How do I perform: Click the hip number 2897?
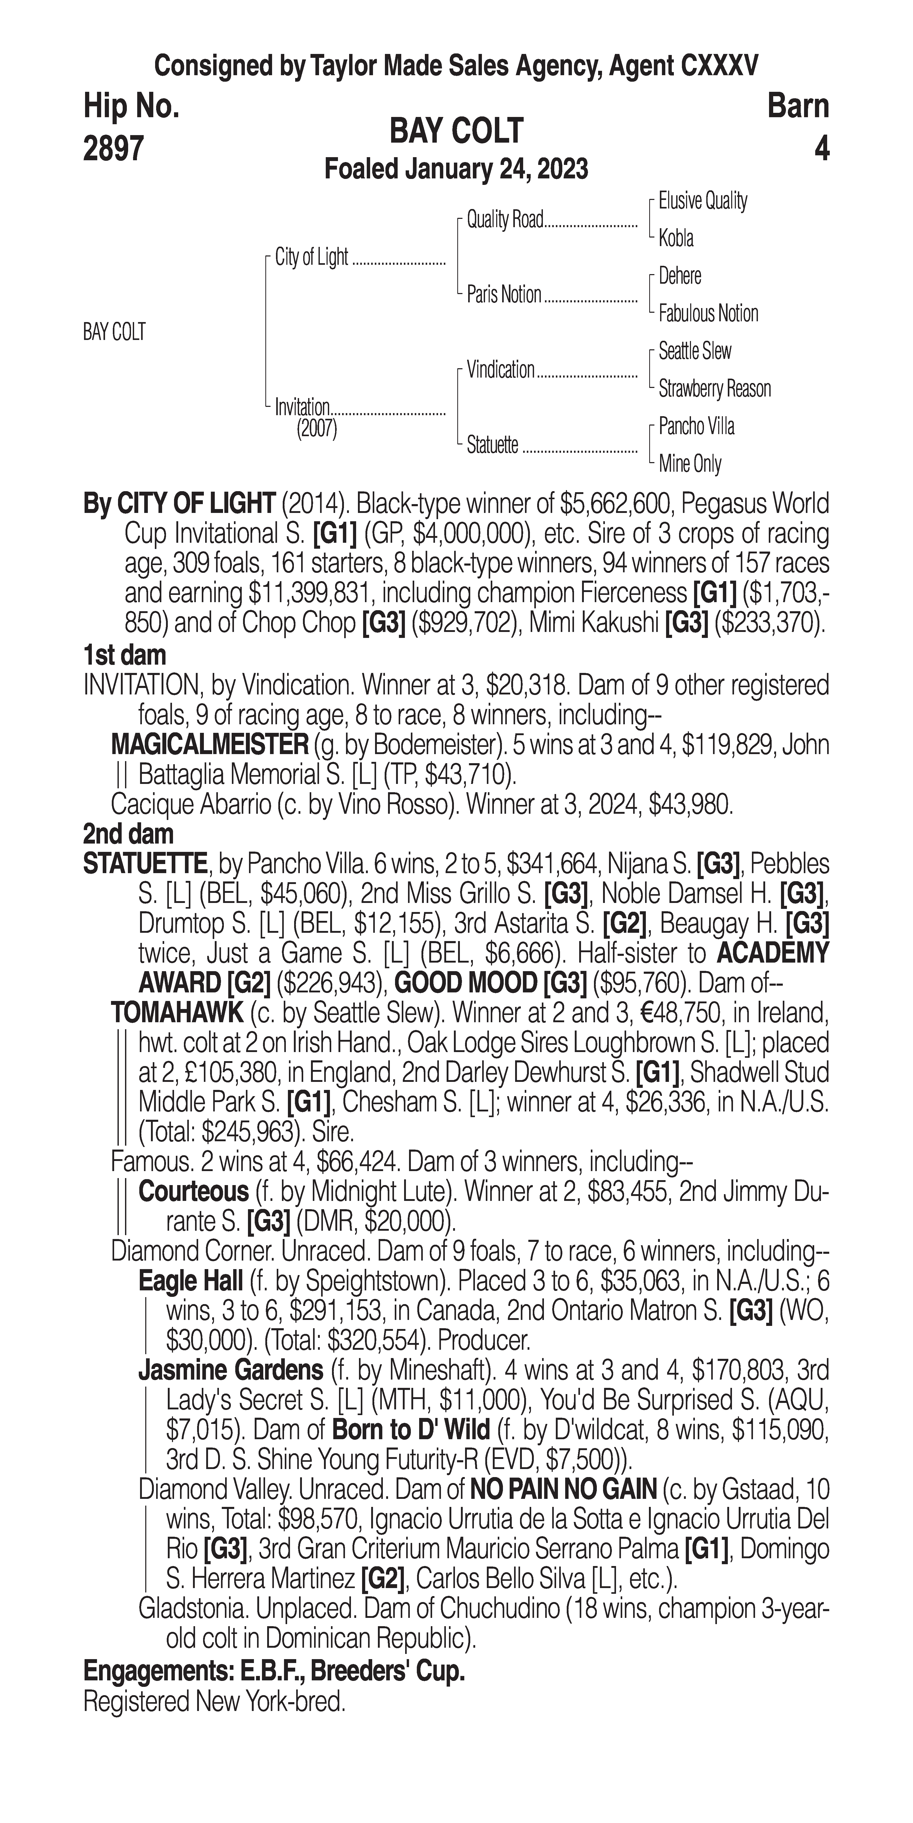point(113,149)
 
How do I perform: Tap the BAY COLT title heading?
point(457,131)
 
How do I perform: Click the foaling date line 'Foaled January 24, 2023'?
point(457,170)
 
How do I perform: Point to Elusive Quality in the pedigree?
point(703,201)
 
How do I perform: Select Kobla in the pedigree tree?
point(676,239)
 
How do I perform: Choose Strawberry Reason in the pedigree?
point(715,388)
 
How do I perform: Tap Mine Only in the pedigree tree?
point(690,464)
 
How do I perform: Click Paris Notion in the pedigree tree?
point(504,294)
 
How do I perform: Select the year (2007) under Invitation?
point(316,429)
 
